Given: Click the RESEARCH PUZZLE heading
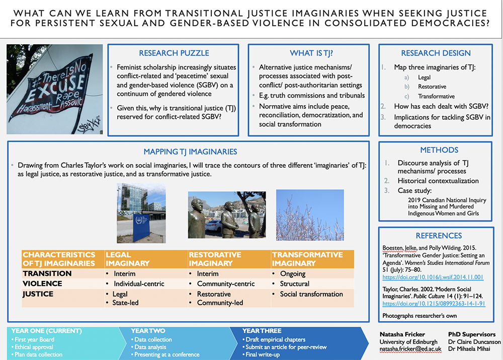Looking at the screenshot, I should click(174, 53).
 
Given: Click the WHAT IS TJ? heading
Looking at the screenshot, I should click(308, 53).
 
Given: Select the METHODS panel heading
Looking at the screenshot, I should click(435, 150).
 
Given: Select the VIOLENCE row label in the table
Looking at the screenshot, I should click(43, 283).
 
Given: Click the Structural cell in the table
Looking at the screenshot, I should click(294, 283).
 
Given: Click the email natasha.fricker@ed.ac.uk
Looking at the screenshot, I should click(410, 349).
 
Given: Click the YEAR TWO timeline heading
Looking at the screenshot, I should click(148, 331).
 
